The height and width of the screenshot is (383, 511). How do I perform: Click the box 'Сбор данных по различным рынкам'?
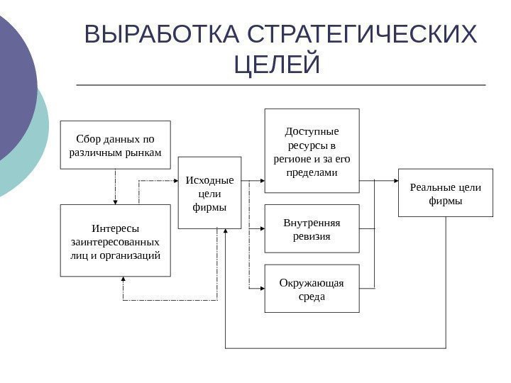coord(116,145)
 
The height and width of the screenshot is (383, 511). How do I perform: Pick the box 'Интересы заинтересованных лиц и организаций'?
coord(116,241)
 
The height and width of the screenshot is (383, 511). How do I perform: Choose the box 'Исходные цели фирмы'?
coord(209,192)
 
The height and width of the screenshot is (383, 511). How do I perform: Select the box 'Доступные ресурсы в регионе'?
coord(312,150)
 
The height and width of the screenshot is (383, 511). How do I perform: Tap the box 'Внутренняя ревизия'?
coord(312,228)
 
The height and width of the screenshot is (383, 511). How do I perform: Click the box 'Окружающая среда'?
coord(312,289)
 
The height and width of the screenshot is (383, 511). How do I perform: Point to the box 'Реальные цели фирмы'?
coord(445,192)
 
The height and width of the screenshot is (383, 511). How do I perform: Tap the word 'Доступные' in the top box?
coord(312,131)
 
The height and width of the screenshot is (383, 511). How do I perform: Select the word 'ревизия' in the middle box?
coord(312,235)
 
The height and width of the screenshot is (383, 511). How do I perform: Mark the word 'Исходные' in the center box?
coord(209,179)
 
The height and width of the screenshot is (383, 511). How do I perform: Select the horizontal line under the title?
coord(280,85)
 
